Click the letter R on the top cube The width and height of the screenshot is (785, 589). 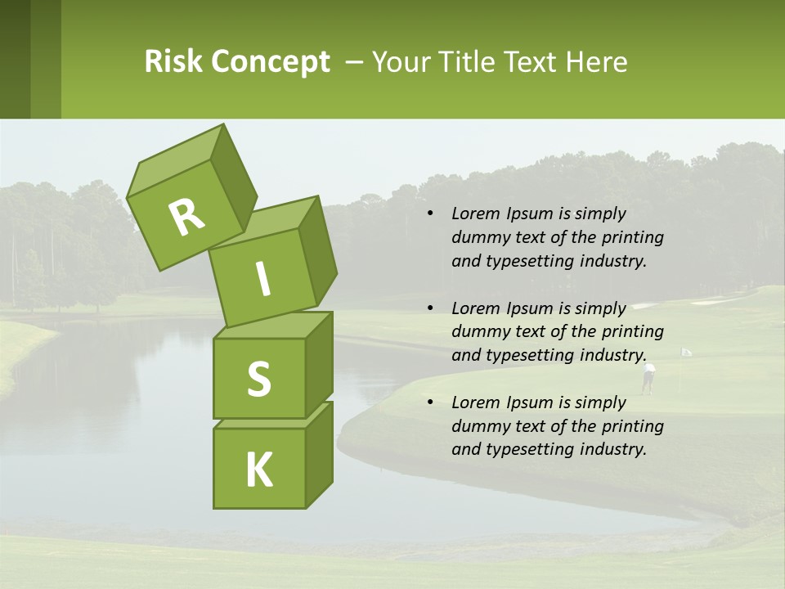tap(186, 218)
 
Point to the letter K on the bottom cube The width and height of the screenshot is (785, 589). tap(258, 470)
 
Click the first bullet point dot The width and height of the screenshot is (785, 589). tap(430, 214)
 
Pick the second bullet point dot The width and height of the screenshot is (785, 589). tap(430, 308)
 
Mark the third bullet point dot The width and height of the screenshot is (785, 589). tap(430, 402)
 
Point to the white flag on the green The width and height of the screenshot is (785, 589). tap(685, 352)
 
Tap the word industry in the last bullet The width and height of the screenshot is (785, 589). tap(612, 449)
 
